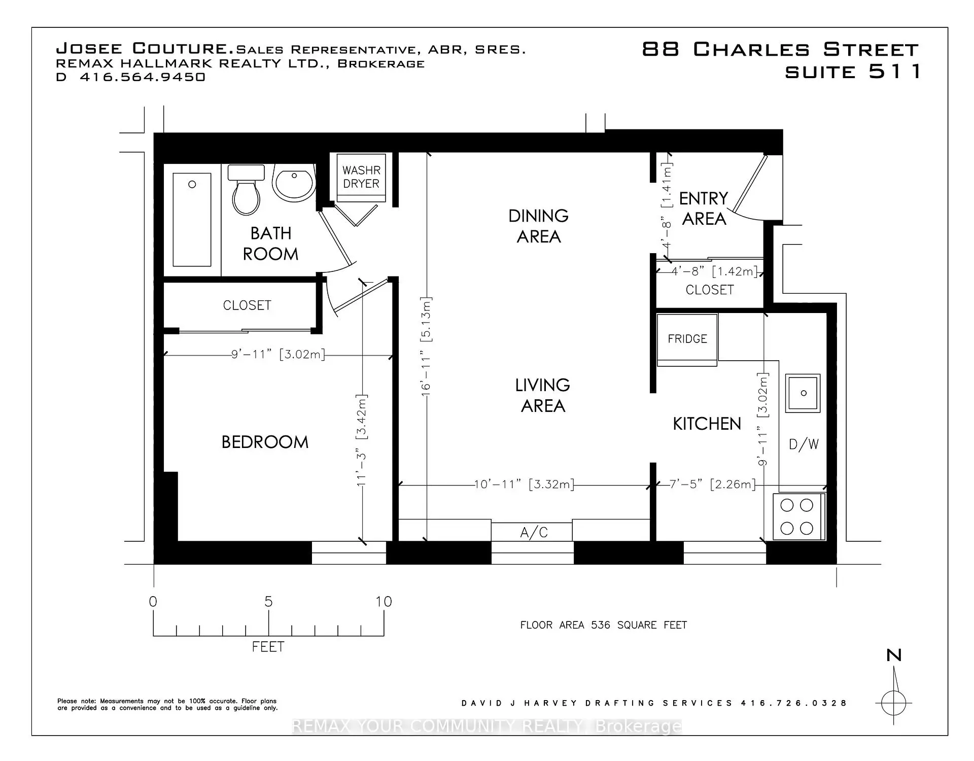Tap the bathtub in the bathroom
192,219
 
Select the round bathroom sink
294,182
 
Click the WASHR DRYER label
361,177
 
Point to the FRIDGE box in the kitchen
687,339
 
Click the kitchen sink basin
803,393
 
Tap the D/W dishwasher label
804,444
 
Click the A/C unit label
534,532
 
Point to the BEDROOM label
265,442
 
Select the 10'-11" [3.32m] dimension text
525,485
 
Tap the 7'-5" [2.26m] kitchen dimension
712,485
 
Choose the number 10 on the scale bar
384,602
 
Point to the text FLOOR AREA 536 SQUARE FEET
604,625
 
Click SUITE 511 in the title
853,72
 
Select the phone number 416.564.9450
143,77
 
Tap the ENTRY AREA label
704,209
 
